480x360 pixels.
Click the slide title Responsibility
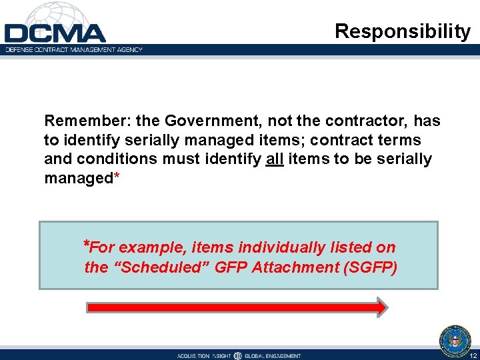pos(402,31)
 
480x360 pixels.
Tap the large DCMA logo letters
pos(55,33)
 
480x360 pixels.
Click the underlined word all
pos(275,160)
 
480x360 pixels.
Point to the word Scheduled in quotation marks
pos(149,267)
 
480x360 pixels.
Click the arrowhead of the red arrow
pos(380,307)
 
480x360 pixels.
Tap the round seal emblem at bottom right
pos(455,340)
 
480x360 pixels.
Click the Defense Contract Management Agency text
pos(74,50)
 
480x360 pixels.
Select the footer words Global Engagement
pos(273,356)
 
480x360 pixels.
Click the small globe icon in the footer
pos(238,355)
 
